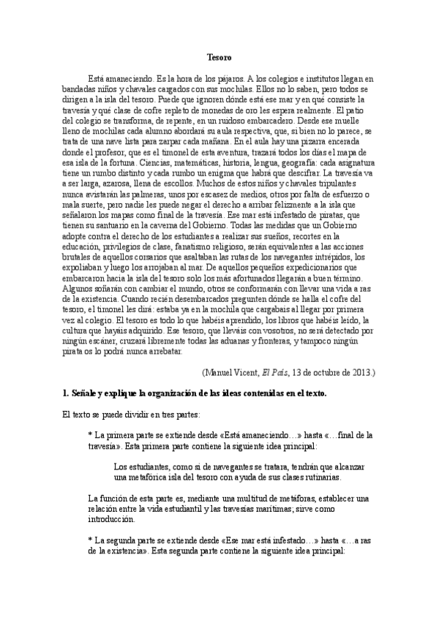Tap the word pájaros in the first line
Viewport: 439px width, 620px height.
coord(224,78)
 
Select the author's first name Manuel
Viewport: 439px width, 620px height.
coord(222,371)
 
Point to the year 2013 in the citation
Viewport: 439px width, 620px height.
coord(359,371)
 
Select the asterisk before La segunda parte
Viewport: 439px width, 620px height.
coord(89,540)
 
